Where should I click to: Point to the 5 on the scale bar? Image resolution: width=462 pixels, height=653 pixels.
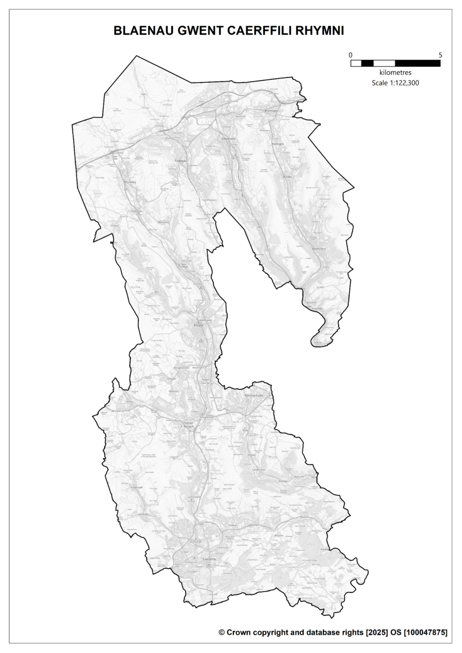point(440,55)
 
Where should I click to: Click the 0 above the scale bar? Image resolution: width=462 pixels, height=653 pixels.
point(351,55)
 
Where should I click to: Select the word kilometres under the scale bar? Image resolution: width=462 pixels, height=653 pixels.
point(395,73)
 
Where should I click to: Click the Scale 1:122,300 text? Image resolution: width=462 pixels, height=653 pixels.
point(395,83)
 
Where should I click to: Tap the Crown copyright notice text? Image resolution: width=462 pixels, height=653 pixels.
point(333,632)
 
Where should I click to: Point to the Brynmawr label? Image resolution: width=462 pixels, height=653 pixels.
point(271,111)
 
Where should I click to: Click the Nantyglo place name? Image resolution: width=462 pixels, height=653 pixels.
point(277,144)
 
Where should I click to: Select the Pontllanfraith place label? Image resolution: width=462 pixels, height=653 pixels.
point(254,395)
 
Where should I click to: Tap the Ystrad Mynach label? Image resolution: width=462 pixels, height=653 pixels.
point(188,425)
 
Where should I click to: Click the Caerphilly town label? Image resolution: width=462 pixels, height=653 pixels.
point(210,559)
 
